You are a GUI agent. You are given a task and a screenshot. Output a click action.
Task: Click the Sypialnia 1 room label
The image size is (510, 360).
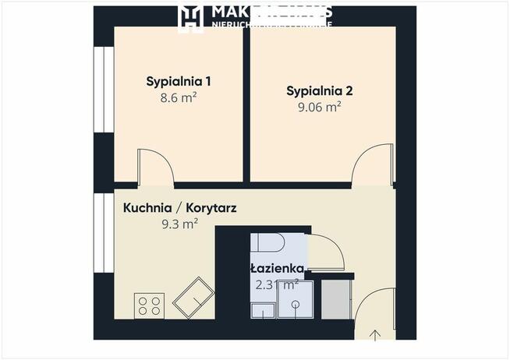click(x=179, y=81)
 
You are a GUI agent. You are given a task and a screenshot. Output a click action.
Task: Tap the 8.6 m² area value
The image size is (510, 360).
click(x=179, y=100)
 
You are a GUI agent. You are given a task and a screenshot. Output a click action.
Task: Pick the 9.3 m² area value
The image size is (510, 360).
click(x=178, y=224)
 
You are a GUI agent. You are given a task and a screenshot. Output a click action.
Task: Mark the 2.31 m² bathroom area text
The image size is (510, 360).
click(x=276, y=284)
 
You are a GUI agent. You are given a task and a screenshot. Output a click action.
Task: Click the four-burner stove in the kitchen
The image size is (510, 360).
click(x=149, y=305)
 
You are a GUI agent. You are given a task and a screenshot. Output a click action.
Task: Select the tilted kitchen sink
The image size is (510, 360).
click(x=193, y=298)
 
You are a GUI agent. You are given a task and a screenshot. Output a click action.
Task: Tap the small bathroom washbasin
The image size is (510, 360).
click(x=262, y=311)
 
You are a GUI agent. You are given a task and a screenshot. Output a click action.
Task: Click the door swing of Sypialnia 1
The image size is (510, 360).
click(x=154, y=167)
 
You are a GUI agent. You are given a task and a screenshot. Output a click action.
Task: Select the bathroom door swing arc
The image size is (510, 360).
click(x=326, y=254)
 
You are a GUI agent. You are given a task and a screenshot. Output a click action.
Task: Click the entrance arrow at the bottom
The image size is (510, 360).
click(x=375, y=335)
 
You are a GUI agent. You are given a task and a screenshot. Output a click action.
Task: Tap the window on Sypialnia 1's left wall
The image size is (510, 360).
click(x=99, y=91)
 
